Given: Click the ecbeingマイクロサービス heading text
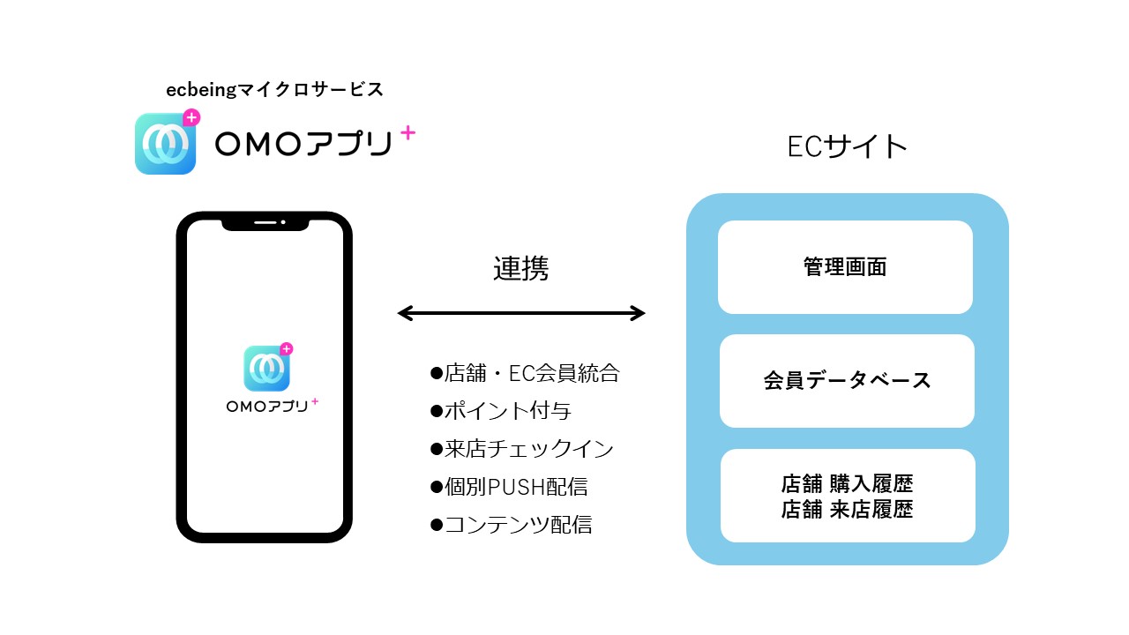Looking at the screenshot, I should pyautogui.click(x=274, y=89).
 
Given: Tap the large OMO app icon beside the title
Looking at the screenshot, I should pyautogui.click(x=165, y=144).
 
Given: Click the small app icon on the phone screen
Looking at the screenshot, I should pyautogui.click(x=266, y=368).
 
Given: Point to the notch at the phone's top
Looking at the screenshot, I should pyautogui.click(x=265, y=222).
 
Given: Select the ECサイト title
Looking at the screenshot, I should pyautogui.click(x=847, y=146).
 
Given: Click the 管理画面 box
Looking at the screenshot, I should pyautogui.click(x=845, y=267).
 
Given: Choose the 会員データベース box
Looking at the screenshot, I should pyautogui.click(x=847, y=381).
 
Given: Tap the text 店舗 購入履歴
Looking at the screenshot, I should pyautogui.click(x=847, y=484).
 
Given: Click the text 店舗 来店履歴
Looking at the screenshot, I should pyautogui.click(x=847, y=510).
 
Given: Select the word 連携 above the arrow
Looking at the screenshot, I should pyautogui.click(x=520, y=268).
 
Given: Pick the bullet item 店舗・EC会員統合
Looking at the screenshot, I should pyautogui.click(x=525, y=374).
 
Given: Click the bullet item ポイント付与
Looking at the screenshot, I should pyautogui.click(x=501, y=411).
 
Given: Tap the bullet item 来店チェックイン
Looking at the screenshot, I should pyautogui.click(x=521, y=449).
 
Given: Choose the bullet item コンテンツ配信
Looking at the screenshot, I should pyautogui.click(x=511, y=525).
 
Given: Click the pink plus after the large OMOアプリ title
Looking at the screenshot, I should pyautogui.click(x=407, y=133).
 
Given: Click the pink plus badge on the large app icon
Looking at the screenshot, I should pyautogui.click(x=191, y=117).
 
